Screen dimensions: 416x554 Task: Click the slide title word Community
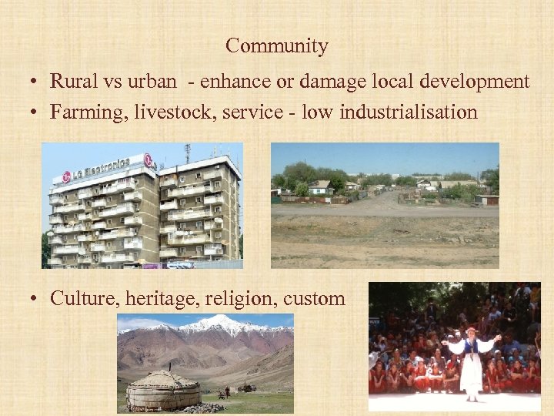[277, 46]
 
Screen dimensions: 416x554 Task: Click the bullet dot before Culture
[36, 300]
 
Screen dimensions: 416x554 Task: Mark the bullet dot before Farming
[36, 113]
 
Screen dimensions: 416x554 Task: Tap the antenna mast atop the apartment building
[187, 153]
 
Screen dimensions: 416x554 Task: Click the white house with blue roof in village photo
[320, 187]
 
